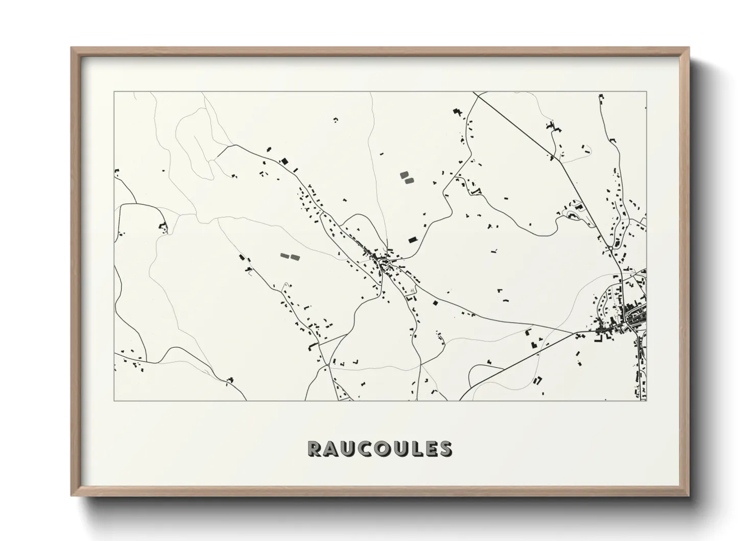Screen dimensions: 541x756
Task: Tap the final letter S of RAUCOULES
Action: pyautogui.click(x=446, y=449)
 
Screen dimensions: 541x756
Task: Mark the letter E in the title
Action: pyautogui.click(x=431, y=449)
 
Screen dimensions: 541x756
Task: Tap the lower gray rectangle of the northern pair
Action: pyautogui.click(x=408, y=181)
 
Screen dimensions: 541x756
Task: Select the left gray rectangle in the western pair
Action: pyautogui.click(x=285, y=255)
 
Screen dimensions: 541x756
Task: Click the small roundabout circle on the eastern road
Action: pyautogui.click(x=610, y=249)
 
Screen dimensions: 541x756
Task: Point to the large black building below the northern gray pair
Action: pyautogui.click(x=412, y=239)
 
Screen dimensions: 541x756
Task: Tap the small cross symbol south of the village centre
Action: pyautogui.click(x=411, y=290)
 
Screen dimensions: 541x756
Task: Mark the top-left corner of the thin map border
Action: pyautogui.click(x=114, y=92)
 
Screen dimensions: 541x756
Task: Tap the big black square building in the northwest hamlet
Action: pyautogui.click(x=285, y=161)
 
